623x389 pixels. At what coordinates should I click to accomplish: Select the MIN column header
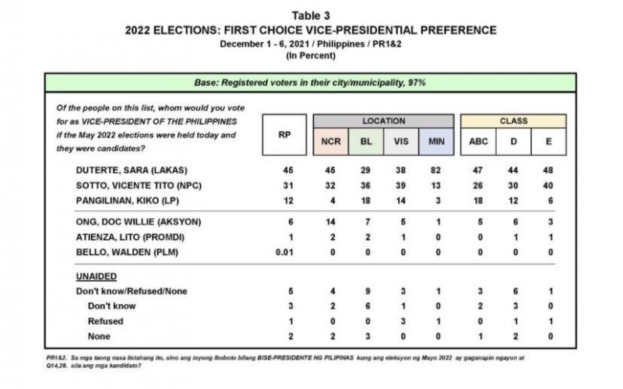(x=431, y=142)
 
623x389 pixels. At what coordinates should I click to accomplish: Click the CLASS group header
(x=514, y=121)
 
